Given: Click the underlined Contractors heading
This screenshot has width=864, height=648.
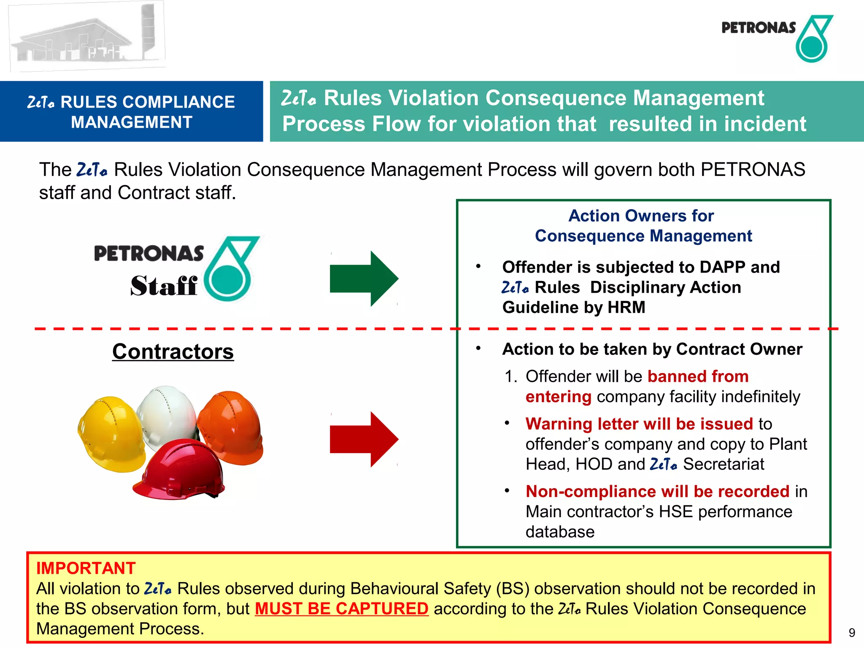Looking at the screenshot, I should click(173, 351).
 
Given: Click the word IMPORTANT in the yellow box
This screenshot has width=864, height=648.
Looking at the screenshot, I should click(86, 568).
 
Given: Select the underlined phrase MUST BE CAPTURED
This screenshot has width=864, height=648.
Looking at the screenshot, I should click(341, 609).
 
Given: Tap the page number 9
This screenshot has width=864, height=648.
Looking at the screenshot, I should click(852, 633).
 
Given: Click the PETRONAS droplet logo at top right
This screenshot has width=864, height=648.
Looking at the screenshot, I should click(813, 39).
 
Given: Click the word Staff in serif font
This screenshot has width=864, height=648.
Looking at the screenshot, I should click(164, 286).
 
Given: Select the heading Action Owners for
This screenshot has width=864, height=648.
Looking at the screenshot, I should click(641, 216).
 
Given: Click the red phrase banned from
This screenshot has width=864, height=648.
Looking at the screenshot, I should click(698, 376).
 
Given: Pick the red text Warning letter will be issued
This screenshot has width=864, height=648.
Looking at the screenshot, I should click(639, 424).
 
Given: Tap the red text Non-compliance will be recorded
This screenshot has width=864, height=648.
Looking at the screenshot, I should click(657, 491).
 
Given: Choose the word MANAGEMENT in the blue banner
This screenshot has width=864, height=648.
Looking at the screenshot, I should click(132, 122).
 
